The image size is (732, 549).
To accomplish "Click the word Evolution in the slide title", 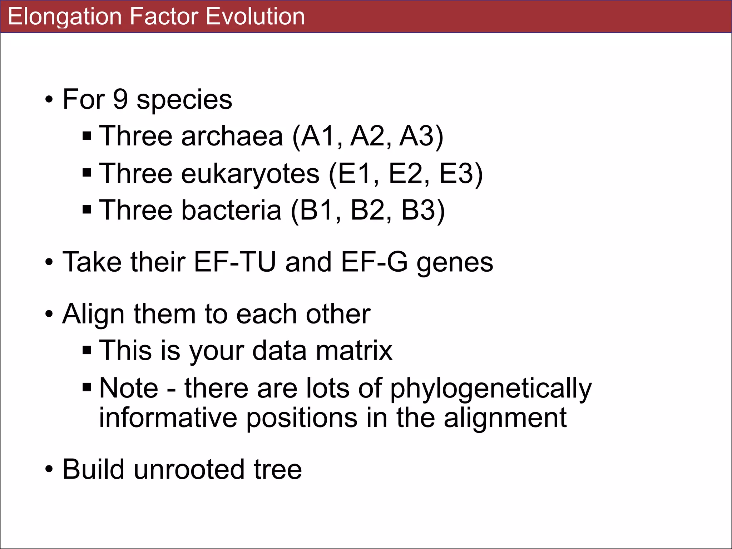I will pyautogui.click(x=255, y=16).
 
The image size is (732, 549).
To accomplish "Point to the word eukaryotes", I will pyautogui.click(x=250, y=174).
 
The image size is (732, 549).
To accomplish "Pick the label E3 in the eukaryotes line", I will pyautogui.click(x=457, y=174).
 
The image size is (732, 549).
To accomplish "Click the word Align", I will pyautogui.click(x=94, y=314).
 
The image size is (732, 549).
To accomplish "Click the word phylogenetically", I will pyautogui.click(x=490, y=389).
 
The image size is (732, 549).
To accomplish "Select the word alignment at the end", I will pyautogui.click(x=505, y=418).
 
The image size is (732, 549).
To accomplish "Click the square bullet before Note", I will pyautogui.click(x=87, y=387).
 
